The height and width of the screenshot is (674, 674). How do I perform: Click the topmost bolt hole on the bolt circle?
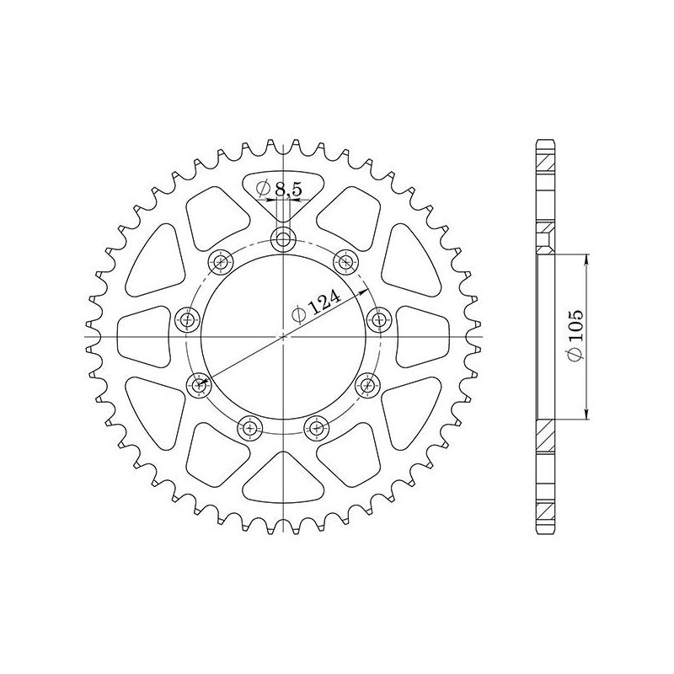283,240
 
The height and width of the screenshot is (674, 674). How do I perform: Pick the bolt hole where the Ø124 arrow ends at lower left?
200,386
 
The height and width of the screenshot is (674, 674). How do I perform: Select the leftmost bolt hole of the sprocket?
187,319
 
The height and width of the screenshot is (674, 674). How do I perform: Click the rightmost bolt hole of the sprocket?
380,319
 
